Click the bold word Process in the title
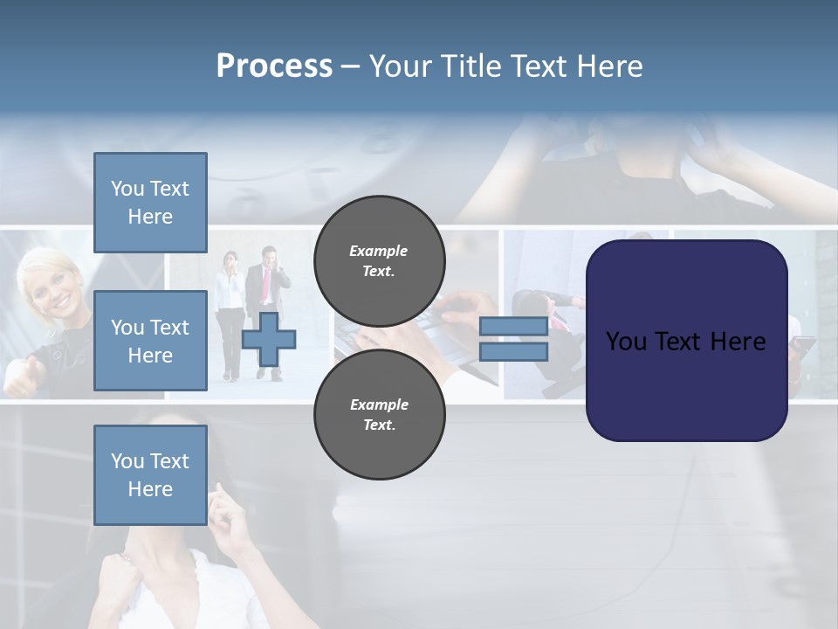pyautogui.click(x=274, y=66)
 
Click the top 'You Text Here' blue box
pyautogui.click(x=150, y=203)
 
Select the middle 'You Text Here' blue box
pyautogui.click(x=150, y=341)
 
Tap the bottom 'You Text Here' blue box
pyautogui.click(x=150, y=475)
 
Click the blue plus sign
pyautogui.click(x=269, y=339)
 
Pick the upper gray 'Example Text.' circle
pyautogui.click(x=379, y=260)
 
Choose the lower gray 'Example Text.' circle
pyautogui.click(x=379, y=414)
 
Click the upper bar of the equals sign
pyautogui.click(x=513, y=326)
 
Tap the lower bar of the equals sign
pyautogui.click(x=513, y=352)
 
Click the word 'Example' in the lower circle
pyautogui.click(x=379, y=404)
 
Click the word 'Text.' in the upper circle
pyautogui.click(x=379, y=271)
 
